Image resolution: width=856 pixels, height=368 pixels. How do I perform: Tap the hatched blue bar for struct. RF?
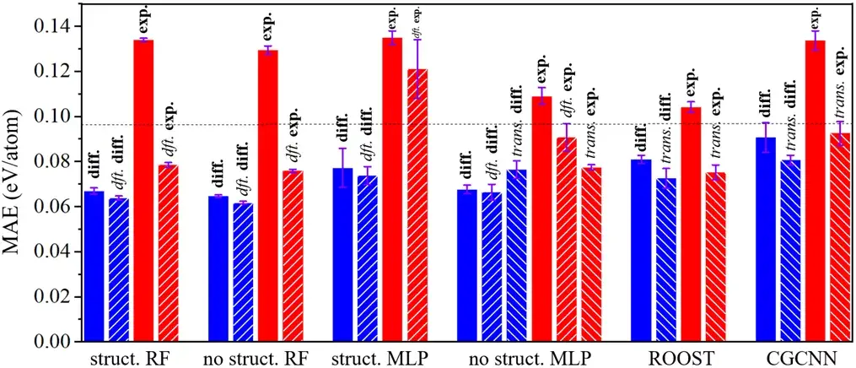point(119,269)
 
